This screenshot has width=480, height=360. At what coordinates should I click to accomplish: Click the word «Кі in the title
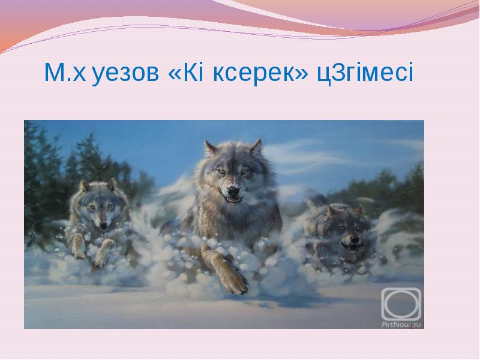point(186,72)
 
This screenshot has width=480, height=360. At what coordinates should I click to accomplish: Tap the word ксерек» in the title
point(260,73)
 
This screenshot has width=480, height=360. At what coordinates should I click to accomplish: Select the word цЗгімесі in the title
point(365,73)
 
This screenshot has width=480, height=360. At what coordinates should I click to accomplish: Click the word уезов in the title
point(125,73)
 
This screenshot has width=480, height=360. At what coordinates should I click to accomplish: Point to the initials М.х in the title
point(65,72)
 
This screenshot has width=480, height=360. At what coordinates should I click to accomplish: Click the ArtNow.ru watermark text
point(401,325)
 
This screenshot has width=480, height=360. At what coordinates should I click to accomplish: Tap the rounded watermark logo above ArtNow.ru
point(401,304)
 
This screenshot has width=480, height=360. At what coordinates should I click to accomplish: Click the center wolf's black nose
point(233,191)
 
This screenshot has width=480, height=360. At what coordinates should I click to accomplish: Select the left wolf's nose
point(103,226)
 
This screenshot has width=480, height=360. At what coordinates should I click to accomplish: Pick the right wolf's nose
point(354,238)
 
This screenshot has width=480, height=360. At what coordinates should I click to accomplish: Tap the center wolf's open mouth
point(233,200)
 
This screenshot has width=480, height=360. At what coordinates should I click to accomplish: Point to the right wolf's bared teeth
point(351,246)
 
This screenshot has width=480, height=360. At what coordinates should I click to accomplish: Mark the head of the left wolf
point(98,205)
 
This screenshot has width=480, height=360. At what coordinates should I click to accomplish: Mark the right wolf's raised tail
point(317,200)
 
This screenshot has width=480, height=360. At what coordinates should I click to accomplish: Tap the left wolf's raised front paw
point(103,253)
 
